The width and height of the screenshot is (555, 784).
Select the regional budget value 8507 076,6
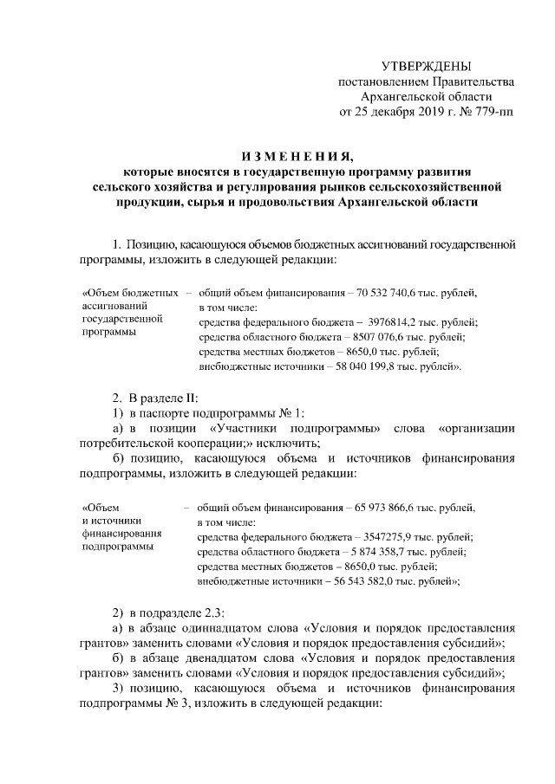pos(384,336)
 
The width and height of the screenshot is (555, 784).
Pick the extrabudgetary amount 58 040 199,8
pos(381,366)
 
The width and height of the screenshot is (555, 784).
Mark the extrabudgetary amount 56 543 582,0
pos(378,582)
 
